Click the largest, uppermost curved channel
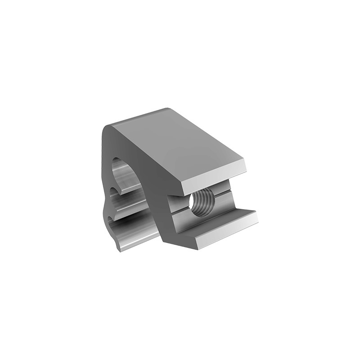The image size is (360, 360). point(124,173)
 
